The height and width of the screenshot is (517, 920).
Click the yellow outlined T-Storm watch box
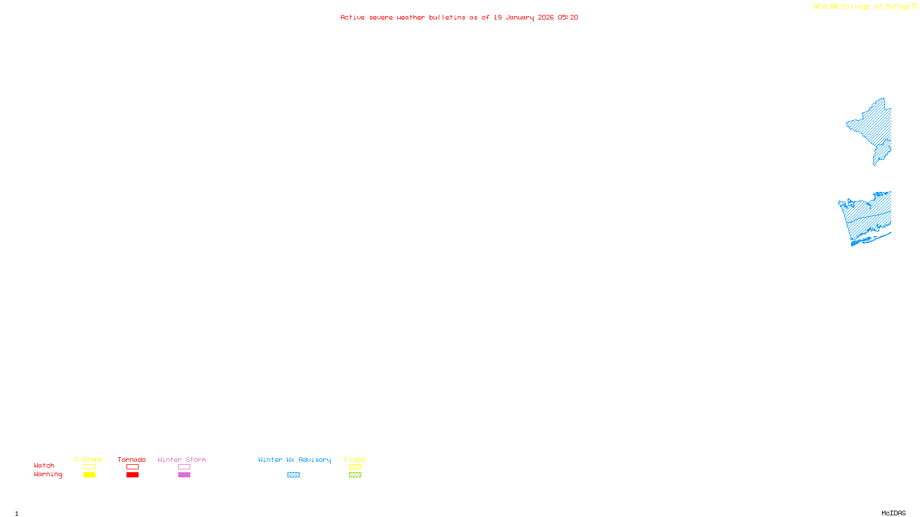click(89, 467)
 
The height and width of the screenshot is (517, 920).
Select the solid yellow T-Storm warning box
click(89, 475)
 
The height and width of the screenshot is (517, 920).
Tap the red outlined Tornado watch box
click(132, 467)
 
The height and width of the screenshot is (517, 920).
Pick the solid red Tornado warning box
click(132, 475)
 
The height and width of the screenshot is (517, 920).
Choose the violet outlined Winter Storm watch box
click(184, 467)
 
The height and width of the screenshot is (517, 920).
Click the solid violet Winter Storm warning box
click(184, 475)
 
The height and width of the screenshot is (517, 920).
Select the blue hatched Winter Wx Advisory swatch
click(293, 475)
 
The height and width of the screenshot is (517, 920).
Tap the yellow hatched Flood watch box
click(355, 467)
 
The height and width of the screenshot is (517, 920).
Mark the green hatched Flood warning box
click(355, 475)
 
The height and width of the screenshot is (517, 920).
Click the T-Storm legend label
click(89, 460)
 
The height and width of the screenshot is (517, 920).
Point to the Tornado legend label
click(132, 460)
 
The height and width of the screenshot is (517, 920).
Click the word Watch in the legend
click(44, 465)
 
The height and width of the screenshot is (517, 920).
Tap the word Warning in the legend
click(48, 474)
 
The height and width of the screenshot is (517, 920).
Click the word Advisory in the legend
click(315, 460)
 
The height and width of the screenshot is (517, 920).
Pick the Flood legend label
click(355, 460)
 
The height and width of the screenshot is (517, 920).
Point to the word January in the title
click(520, 17)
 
